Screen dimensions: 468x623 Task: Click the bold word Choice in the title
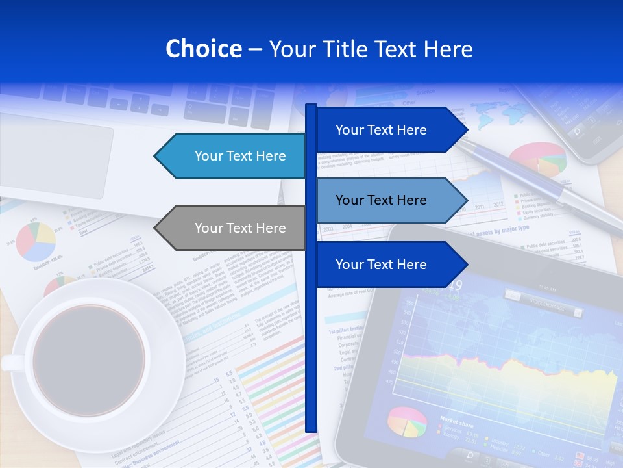[203, 49]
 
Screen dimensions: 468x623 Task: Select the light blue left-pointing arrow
[234, 156]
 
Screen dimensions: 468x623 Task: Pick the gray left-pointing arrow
[234, 228]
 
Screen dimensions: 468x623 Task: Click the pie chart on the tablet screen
[407, 422]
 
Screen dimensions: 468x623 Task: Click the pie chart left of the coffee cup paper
[36, 241]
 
